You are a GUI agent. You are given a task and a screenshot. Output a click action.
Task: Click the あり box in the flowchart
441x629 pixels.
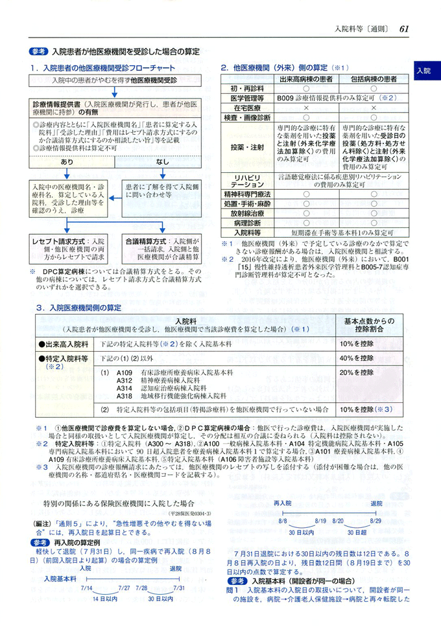67,161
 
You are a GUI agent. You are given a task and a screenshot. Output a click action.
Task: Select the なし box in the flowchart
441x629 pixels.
163,161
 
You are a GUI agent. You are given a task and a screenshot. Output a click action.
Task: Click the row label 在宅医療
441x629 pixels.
246,108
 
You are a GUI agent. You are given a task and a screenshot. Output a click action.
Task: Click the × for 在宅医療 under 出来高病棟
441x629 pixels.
305,108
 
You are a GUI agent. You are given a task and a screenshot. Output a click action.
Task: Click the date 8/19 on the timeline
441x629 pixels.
320,520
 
